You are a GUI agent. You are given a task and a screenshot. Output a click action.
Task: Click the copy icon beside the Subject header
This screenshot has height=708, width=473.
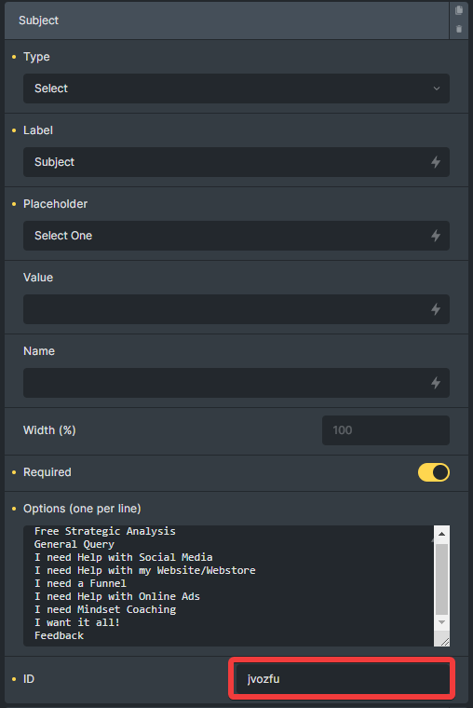(x=459, y=10)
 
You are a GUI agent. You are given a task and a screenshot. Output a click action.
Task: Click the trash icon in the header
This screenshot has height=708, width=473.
(x=459, y=29)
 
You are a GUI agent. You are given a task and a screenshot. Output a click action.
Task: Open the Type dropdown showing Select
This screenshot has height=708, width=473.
(x=236, y=88)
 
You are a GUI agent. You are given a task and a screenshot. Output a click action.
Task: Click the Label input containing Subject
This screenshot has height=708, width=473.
(x=236, y=162)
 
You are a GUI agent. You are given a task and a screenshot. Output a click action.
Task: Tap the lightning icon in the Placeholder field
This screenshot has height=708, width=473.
(x=436, y=236)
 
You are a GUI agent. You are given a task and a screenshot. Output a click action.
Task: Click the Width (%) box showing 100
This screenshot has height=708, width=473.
(x=385, y=430)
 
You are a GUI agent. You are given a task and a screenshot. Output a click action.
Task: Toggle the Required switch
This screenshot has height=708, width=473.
(x=434, y=472)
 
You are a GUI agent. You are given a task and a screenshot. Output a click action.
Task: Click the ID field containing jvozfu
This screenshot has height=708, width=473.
(x=343, y=678)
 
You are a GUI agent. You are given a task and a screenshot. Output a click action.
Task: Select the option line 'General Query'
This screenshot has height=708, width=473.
(x=74, y=545)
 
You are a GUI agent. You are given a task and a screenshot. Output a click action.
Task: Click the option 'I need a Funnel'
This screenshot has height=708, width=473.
(x=80, y=583)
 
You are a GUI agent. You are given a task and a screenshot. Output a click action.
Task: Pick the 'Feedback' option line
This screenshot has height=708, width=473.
(x=60, y=635)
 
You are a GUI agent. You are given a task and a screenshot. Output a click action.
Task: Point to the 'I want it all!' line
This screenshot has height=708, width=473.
(x=77, y=622)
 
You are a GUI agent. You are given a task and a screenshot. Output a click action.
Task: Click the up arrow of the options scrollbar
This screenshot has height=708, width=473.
(x=442, y=534)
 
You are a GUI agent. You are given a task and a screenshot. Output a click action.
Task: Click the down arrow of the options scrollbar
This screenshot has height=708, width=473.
(x=442, y=622)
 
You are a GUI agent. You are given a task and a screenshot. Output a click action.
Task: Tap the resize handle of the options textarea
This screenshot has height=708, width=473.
(x=444, y=641)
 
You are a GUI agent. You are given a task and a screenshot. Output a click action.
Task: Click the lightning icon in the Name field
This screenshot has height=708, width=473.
(x=436, y=383)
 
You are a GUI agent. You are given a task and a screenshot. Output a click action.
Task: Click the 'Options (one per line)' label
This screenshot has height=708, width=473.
(x=82, y=509)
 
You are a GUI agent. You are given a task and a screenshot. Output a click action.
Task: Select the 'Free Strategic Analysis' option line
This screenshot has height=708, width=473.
(x=105, y=531)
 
